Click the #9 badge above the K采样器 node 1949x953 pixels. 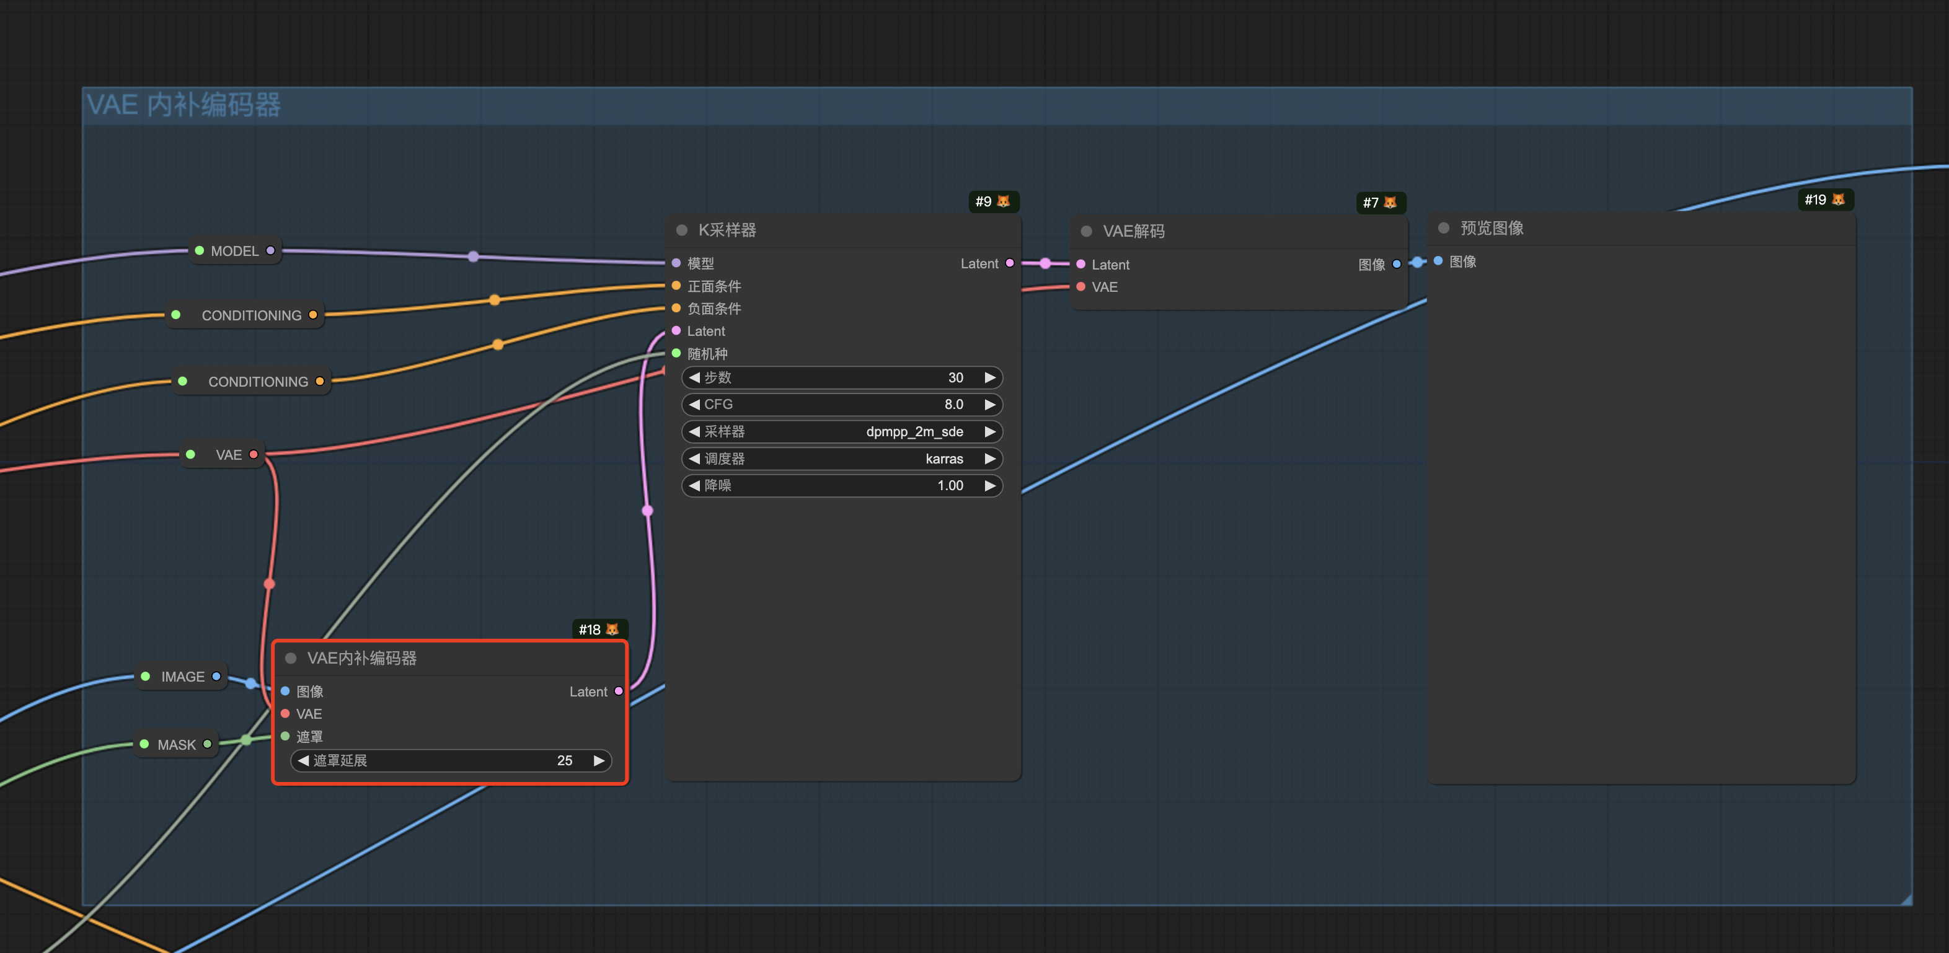click(994, 201)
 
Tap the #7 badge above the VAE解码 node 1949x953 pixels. click(1380, 203)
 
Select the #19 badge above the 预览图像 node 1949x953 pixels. click(1825, 200)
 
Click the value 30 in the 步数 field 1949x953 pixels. click(955, 377)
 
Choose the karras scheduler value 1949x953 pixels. click(944, 459)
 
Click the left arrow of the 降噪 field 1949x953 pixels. click(694, 486)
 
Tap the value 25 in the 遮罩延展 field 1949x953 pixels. click(564, 760)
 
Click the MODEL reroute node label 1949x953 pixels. click(234, 251)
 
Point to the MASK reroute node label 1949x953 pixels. click(176, 745)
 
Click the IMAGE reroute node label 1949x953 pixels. click(182, 677)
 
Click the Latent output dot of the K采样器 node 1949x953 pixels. click(1009, 263)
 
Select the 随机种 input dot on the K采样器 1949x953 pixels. click(676, 353)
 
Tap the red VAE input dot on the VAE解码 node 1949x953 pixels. click(1081, 287)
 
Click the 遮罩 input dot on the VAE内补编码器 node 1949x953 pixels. click(285, 736)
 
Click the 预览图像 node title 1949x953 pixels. click(1492, 229)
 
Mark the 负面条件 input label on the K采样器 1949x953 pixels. click(714, 309)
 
